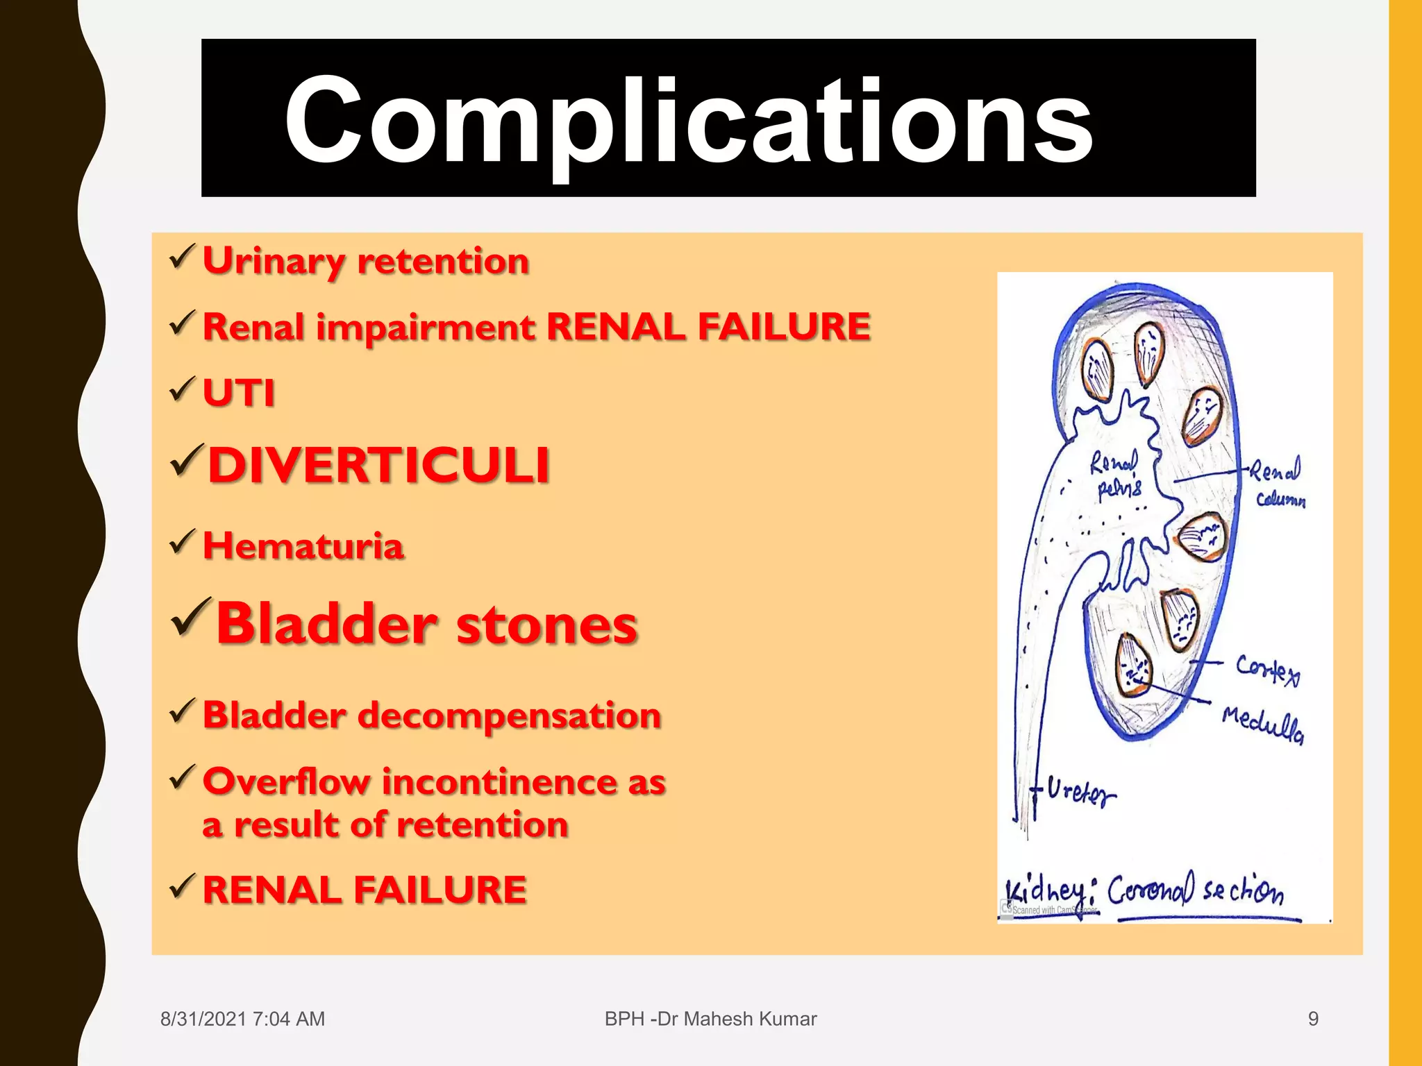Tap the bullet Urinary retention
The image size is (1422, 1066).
pyautogui.click(x=365, y=262)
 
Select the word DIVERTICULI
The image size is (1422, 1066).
pyautogui.click(x=379, y=465)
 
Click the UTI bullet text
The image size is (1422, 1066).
pyautogui.click(x=238, y=393)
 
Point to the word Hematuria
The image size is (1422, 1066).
pyautogui.click(x=303, y=546)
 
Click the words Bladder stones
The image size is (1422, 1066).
pyautogui.click(x=426, y=624)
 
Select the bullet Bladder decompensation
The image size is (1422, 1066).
pyautogui.click(x=431, y=716)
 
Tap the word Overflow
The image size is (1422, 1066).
pyautogui.click(x=286, y=781)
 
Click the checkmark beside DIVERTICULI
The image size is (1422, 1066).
pyautogui.click(x=187, y=461)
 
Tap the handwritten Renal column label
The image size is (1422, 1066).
pyautogui.click(x=1278, y=484)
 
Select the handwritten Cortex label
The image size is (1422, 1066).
pyautogui.click(x=1266, y=670)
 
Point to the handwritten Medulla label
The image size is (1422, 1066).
pyautogui.click(x=1262, y=724)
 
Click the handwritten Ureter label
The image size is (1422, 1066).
pyautogui.click(x=1080, y=792)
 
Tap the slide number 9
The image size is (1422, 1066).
pyautogui.click(x=1312, y=1019)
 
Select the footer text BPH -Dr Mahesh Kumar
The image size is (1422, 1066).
pyautogui.click(x=710, y=1019)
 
